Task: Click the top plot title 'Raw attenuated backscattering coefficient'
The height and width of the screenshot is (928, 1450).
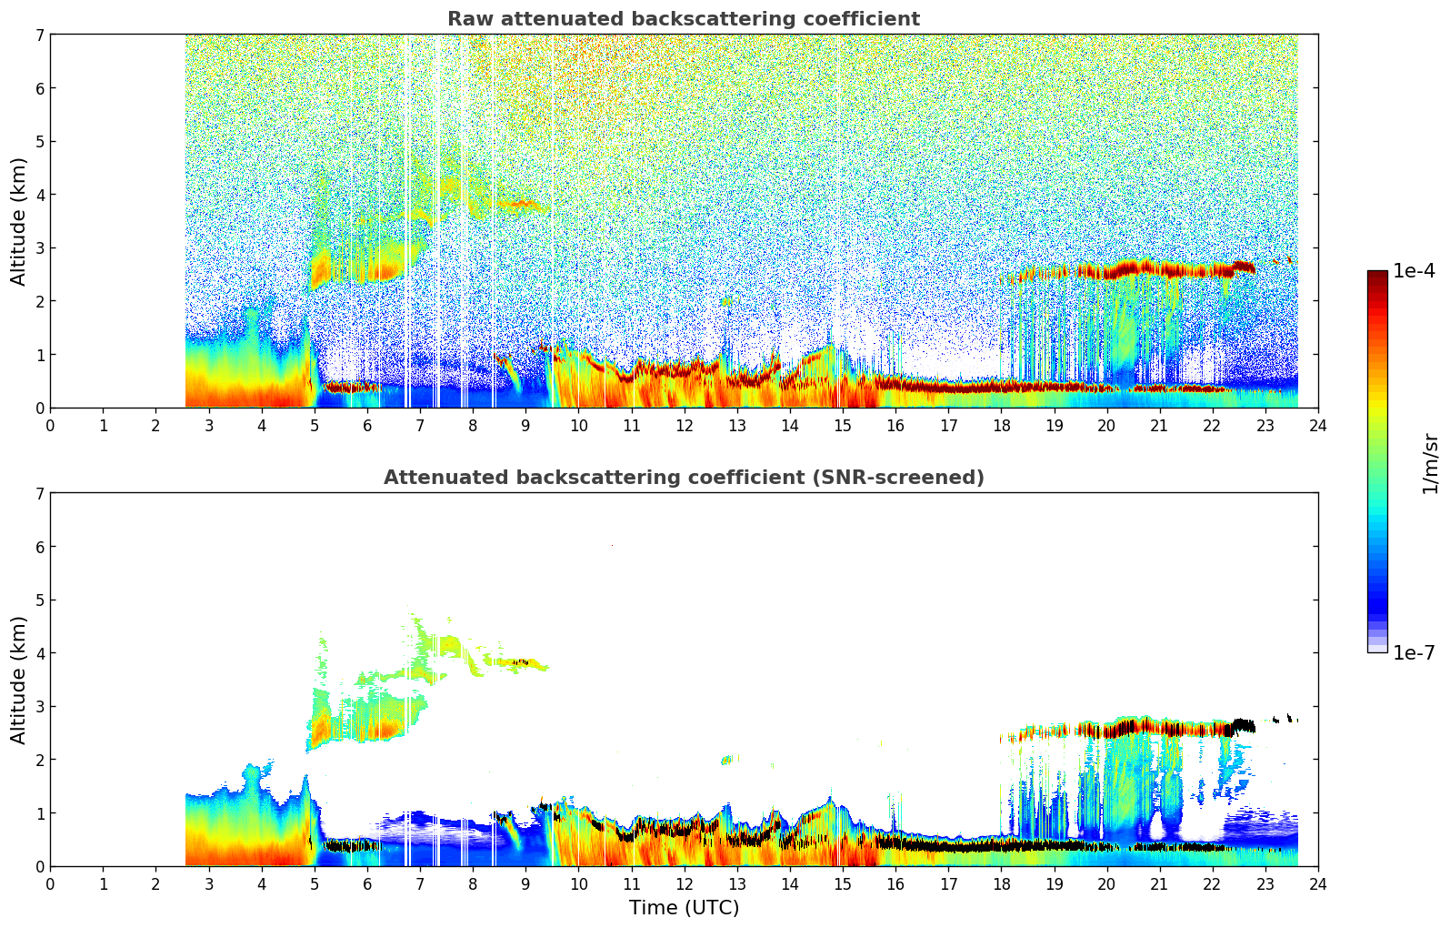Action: [x=683, y=19]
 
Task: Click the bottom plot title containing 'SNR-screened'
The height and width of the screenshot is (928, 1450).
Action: [x=683, y=478]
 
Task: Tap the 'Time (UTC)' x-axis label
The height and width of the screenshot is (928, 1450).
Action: [x=684, y=908]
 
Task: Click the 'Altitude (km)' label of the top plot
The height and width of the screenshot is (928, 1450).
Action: [x=19, y=221]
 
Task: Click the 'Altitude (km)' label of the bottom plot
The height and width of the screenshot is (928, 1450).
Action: [x=19, y=680]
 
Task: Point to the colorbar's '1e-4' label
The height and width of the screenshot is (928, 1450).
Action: [x=1414, y=271]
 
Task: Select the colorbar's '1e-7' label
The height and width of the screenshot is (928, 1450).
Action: [x=1414, y=652]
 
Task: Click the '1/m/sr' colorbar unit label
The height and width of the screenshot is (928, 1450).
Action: [x=1430, y=463]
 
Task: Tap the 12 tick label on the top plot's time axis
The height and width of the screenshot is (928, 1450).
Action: [x=684, y=426]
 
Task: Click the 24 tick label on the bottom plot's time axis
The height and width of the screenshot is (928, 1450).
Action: [x=1317, y=884]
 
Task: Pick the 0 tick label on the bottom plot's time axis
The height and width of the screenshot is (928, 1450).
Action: [x=50, y=884]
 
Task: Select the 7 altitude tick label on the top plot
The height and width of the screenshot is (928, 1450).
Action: [x=39, y=35]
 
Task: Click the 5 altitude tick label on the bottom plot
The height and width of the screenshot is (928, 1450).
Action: [x=39, y=600]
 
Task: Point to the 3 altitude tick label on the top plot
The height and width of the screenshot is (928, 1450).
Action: [x=39, y=247]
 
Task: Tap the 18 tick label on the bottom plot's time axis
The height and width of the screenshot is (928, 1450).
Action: [x=1001, y=884]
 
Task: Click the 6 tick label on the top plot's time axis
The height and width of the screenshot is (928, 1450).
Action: [x=367, y=426]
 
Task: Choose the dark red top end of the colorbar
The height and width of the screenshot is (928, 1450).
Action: [x=1376, y=276]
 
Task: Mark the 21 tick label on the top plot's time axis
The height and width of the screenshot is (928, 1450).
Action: [x=1159, y=426]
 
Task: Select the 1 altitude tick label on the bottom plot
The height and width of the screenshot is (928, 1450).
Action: [x=39, y=812]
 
